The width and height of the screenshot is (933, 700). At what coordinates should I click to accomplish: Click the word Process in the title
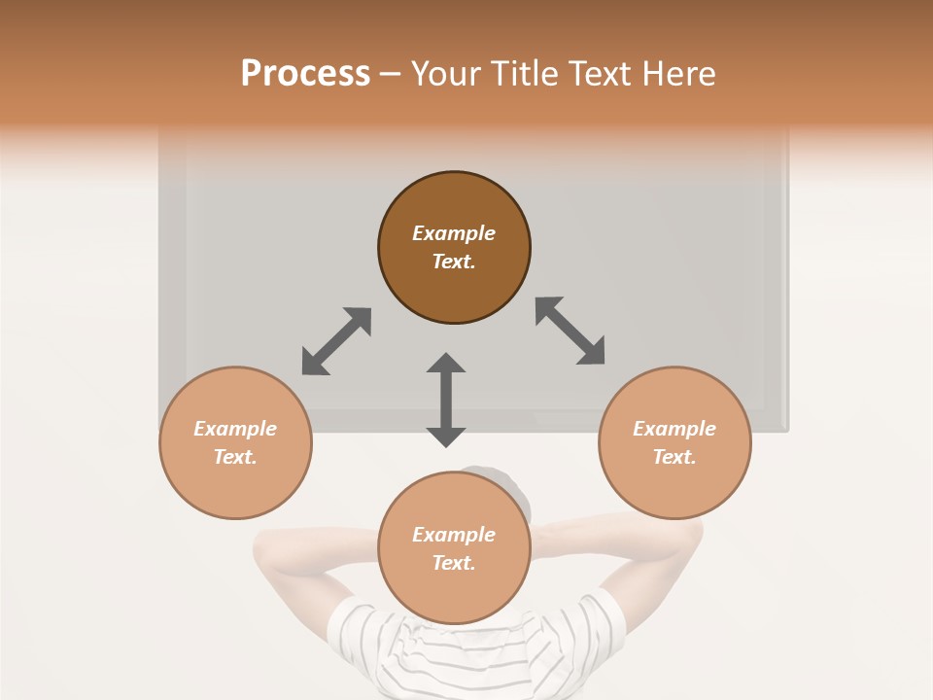305,74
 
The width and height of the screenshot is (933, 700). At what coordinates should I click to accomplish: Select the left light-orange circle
235,486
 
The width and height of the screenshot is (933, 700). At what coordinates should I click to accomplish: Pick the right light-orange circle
674,486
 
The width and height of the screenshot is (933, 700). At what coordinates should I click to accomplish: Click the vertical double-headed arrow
446,400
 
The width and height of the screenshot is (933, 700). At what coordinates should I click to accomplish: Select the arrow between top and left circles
336,340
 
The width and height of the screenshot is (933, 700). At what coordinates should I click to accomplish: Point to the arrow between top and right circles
570,331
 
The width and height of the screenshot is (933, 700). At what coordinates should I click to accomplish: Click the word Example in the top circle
454,233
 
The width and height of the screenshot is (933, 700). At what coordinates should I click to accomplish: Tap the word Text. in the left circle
235,457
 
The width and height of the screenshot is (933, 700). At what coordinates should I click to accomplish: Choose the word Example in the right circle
674,429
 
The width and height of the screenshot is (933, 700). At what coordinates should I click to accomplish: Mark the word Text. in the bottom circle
454,563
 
